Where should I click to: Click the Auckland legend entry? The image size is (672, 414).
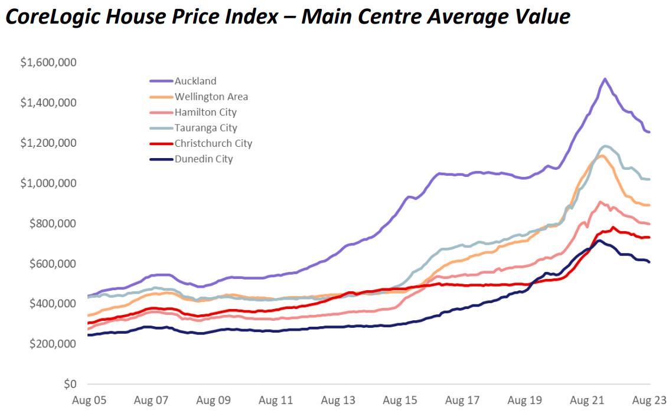click(x=195, y=81)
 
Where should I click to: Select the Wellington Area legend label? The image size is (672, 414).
click(x=211, y=97)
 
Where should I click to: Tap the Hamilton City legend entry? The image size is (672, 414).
click(x=205, y=112)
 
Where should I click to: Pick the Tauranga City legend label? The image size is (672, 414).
click(x=205, y=128)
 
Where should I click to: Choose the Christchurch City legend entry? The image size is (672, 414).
click(x=213, y=143)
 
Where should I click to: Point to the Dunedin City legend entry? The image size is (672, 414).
click(x=204, y=159)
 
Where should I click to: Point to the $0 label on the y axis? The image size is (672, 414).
click(x=70, y=384)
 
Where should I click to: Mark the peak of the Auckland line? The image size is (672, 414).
click(x=605, y=78)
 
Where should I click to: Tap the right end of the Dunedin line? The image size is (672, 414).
click(x=650, y=262)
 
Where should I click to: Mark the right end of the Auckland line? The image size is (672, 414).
click(x=650, y=132)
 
